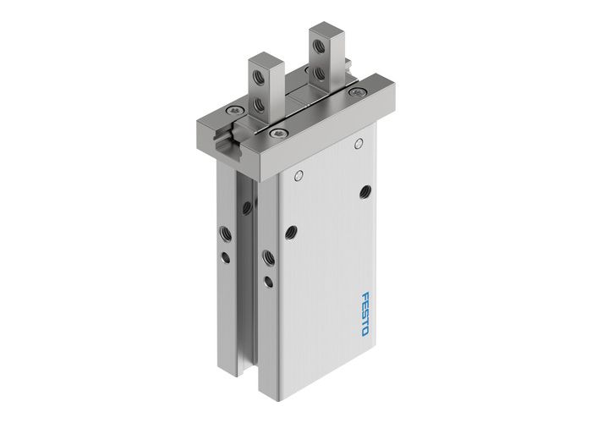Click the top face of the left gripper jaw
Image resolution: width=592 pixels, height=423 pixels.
[266, 58]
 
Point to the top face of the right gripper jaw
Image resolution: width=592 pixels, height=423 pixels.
[325, 31]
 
